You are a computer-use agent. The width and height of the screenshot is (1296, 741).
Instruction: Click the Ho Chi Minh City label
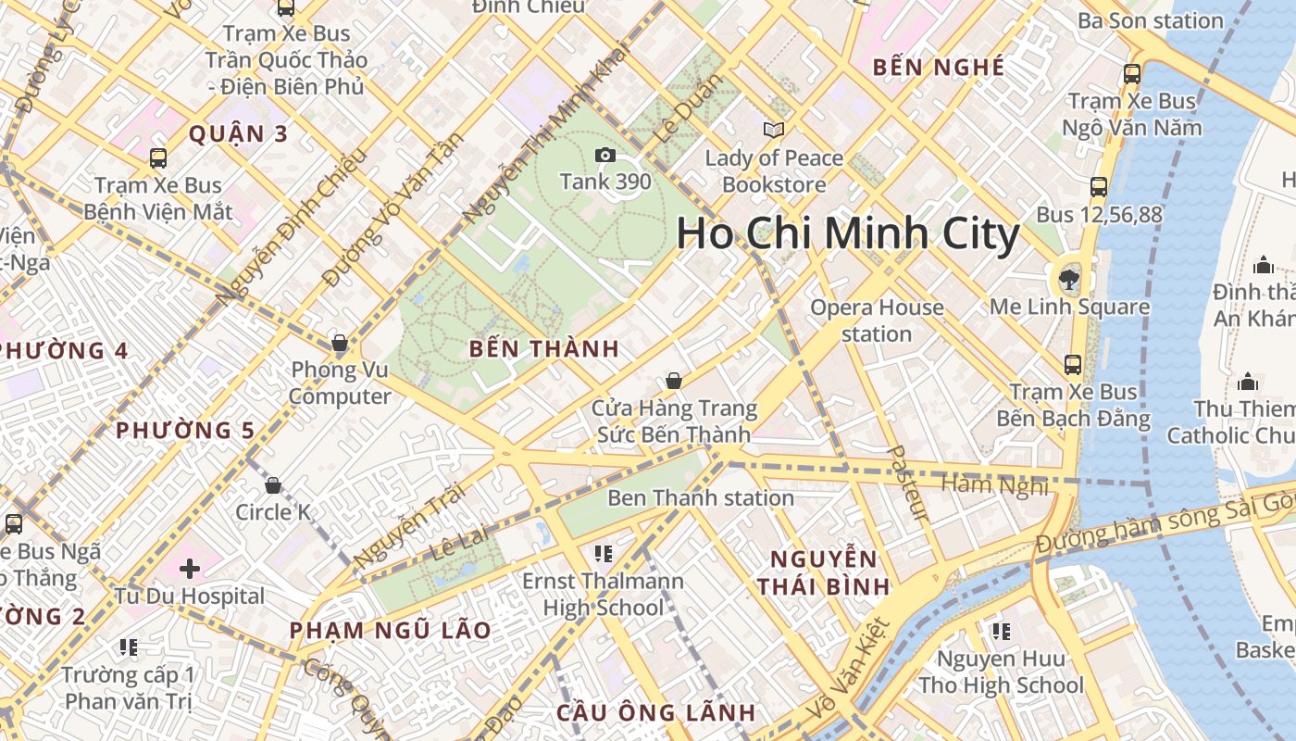(847, 233)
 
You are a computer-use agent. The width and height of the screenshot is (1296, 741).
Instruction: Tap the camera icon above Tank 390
(605, 155)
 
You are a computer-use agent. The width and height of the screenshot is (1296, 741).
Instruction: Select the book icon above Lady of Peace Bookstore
(774, 132)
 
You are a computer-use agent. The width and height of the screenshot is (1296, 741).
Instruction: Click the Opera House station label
(876, 320)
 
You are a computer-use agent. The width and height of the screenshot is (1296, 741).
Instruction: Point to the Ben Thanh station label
(700, 497)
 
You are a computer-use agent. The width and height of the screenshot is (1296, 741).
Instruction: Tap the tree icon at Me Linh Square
(1069, 276)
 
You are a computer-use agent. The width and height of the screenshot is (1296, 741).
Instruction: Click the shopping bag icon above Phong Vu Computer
(340, 343)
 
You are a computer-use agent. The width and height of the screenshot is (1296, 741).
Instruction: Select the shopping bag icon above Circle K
(273, 484)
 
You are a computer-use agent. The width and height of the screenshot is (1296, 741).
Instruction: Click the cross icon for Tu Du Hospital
(190, 568)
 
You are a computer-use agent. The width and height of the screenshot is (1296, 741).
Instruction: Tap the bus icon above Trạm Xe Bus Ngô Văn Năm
(1131, 73)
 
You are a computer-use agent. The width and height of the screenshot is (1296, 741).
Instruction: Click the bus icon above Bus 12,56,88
(1099, 187)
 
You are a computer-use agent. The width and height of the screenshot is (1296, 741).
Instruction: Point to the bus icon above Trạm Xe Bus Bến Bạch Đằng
(1073, 365)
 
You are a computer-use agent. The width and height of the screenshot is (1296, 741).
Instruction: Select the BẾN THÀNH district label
(543, 349)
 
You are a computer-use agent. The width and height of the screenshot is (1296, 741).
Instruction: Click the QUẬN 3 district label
(238, 134)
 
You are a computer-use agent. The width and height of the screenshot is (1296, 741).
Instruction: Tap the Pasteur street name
(905, 483)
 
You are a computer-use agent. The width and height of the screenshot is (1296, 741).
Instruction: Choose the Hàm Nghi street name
(993, 484)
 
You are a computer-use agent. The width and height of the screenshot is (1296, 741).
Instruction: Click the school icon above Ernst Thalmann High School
(603, 554)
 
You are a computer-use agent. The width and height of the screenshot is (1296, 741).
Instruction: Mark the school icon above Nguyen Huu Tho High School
(1001, 632)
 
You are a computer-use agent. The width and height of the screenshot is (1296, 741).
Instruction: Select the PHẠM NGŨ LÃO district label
(390, 630)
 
